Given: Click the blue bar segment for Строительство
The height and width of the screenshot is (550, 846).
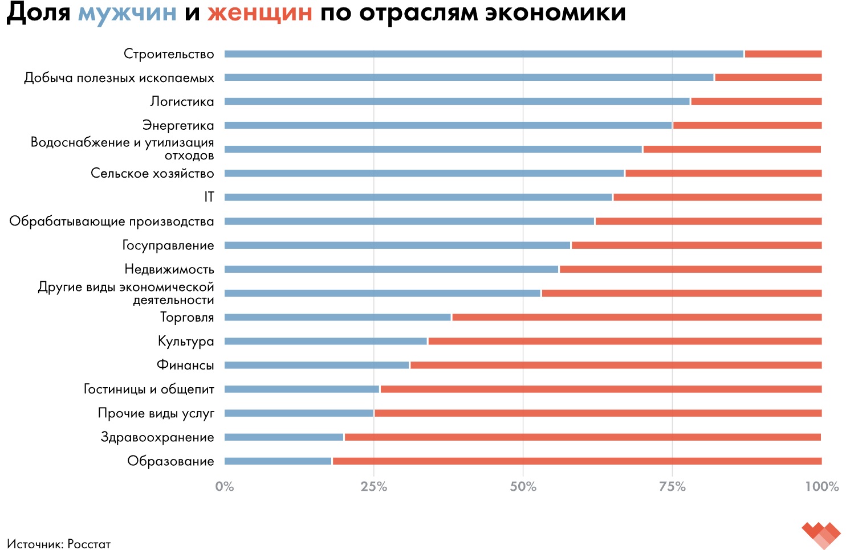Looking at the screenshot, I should tap(484, 54).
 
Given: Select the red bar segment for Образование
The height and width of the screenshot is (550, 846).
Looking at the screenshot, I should tap(577, 461).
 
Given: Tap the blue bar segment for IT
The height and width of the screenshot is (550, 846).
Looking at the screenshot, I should tap(418, 198).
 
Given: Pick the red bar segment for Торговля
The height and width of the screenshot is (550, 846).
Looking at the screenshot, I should tap(636, 317).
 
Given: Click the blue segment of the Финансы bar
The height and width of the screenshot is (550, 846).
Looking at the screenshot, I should tap(316, 365).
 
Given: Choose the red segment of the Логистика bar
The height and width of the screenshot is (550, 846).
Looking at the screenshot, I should tap(756, 101).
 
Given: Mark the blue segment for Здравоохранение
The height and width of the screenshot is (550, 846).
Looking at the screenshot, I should tap(284, 437).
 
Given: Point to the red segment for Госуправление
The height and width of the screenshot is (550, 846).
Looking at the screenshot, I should tap(696, 245).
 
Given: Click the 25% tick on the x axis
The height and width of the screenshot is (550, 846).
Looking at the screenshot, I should tap(374, 487).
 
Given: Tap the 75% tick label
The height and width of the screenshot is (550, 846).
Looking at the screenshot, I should tap(672, 487).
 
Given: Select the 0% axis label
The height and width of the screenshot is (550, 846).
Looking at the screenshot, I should tap(225, 487).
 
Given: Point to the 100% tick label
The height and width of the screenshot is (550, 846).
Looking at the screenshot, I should tap(821, 487).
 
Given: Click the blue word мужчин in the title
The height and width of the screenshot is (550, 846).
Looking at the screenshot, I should tap(127, 13).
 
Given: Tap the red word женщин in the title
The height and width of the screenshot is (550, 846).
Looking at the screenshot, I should tap(259, 13).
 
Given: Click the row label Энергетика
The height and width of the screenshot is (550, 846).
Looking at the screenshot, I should tap(178, 125).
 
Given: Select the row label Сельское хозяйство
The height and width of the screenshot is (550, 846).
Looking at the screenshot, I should tap(152, 173).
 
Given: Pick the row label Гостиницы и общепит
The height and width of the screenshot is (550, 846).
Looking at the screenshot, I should tap(149, 389).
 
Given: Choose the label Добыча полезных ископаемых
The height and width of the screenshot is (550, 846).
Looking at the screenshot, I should tap(119, 78).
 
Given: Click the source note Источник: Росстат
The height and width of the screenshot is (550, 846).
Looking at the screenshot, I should tap(59, 544).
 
